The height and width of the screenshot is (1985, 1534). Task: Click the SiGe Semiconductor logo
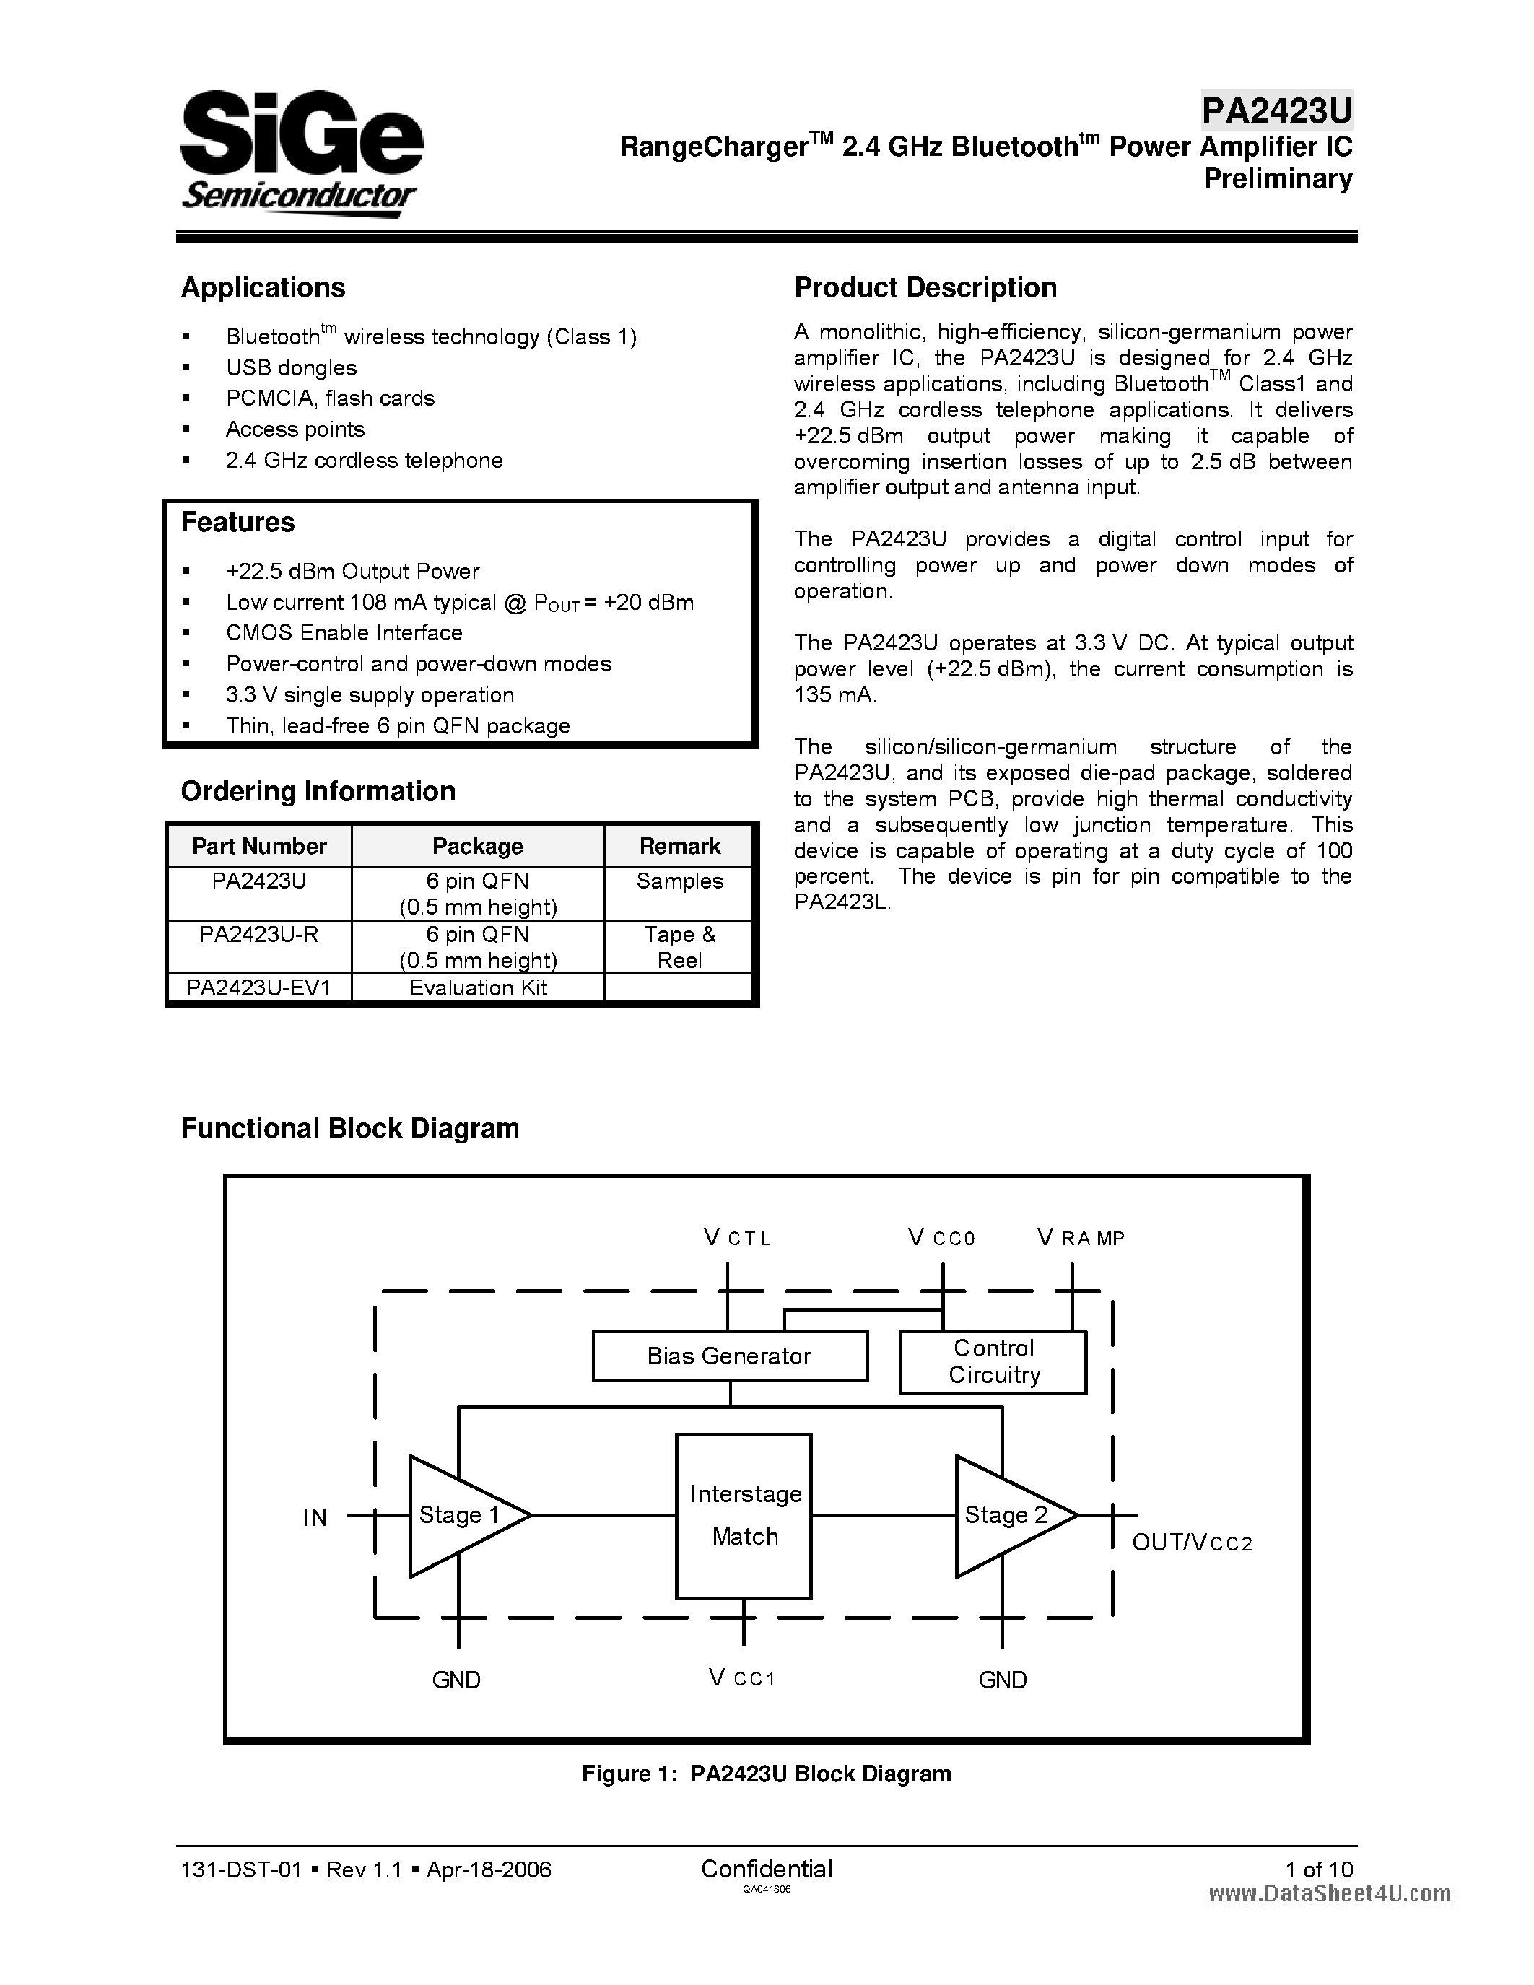301,153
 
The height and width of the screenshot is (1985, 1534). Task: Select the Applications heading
263,287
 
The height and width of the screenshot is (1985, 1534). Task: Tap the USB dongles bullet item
291,367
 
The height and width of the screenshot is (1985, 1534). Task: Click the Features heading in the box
237,522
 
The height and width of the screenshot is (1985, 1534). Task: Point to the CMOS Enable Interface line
344,632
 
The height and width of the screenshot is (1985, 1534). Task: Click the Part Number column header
259,846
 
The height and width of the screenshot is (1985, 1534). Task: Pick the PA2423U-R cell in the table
259,934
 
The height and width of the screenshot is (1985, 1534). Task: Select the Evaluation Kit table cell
478,988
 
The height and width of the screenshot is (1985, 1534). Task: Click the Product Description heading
925,287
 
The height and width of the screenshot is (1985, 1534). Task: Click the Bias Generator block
729,1356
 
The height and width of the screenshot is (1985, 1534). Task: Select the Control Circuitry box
993,1361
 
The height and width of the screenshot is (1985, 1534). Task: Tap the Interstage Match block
744,1516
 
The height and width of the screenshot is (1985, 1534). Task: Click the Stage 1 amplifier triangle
459,1515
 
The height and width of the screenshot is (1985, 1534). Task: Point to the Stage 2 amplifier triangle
1005,1515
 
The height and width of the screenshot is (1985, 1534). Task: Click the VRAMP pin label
1081,1238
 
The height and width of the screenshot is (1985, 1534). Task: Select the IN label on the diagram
315,1518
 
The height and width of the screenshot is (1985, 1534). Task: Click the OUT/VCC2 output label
1191,1543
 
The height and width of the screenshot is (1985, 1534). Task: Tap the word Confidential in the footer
766,1869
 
